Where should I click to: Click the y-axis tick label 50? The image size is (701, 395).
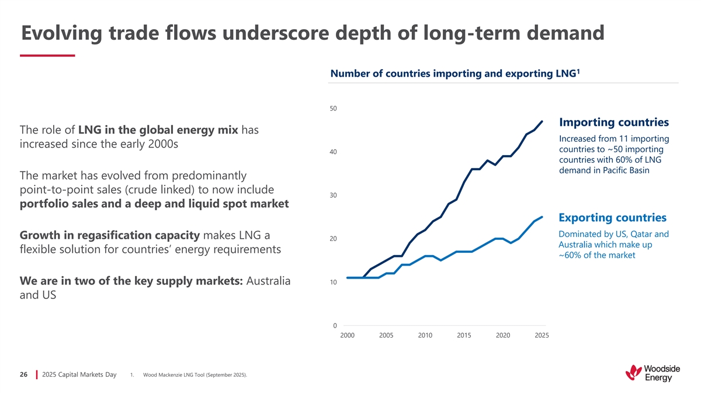333,109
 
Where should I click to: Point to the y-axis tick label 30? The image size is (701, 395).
333,195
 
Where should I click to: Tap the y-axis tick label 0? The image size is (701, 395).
335,326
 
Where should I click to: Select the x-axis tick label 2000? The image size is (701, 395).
347,336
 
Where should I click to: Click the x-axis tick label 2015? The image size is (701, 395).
464,336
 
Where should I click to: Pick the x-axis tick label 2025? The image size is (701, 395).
542,336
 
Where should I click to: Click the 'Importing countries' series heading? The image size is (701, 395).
613,122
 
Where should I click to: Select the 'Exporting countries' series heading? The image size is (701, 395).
612,218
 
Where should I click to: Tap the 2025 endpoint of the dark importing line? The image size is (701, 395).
542,122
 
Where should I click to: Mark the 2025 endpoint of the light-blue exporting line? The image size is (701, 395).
542,217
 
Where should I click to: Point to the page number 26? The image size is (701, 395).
24,375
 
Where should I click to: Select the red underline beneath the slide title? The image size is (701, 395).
47,56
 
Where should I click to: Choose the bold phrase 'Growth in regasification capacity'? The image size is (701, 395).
110,235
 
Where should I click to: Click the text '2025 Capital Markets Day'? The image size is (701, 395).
79,375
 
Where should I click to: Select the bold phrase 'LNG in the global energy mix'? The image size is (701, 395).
157,129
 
